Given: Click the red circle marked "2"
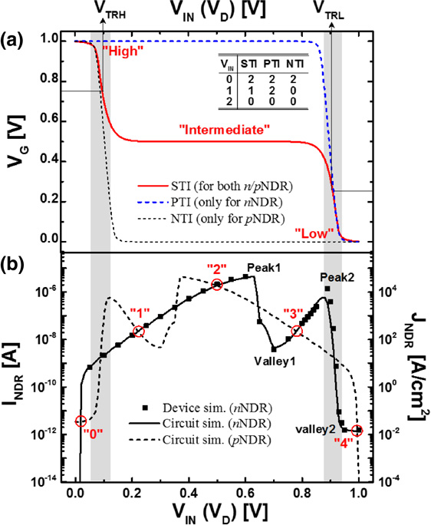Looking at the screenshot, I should pos(218,285).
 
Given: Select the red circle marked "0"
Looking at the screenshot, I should pos(81,421).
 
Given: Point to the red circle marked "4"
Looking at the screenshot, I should pos(357,431).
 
